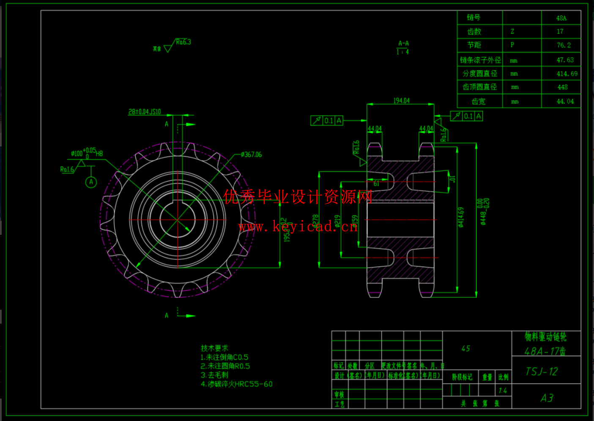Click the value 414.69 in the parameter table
click(x=567, y=74)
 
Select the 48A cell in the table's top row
click(x=561, y=18)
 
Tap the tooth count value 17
click(x=560, y=31)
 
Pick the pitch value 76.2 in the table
click(x=564, y=45)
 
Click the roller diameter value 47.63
click(x=565, y=60)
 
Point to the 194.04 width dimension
click(x=401, y=101)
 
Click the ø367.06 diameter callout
click(x=251, y=154)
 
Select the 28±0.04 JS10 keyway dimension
click(x=145, y=112)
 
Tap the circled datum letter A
click(x=91, y=182)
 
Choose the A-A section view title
click(x=403, y=44)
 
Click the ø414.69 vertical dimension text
click(x=461, y=217)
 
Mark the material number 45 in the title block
click(x=465, y=349)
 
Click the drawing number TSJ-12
click(x=542, y=371)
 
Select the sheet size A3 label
click(x=547, y=398)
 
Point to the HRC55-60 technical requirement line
click(x=237, y=384)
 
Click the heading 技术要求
click(x=214, y=348)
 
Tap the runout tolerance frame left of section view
click(x=326, y=121)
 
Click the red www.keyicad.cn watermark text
click(x=298, y=227)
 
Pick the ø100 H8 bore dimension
click(x=87, y=153)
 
